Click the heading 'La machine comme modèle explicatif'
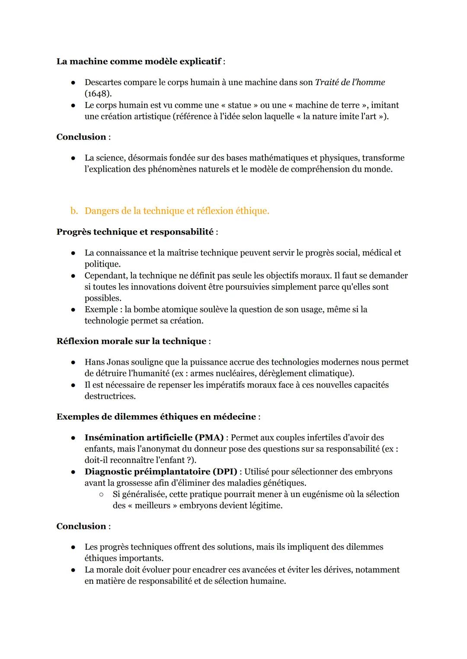point(138,61)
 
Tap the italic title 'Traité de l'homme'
point(350,82)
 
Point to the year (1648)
point(98,93)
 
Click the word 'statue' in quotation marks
point(236,105)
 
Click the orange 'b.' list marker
point(74,211)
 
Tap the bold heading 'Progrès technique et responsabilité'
point(135,232)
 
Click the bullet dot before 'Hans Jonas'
point(74,362)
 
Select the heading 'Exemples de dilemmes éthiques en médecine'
point(156,417)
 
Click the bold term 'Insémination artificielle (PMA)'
point(154,438)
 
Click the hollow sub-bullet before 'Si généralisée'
point(102,494)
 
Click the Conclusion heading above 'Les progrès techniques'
point(81,526)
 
